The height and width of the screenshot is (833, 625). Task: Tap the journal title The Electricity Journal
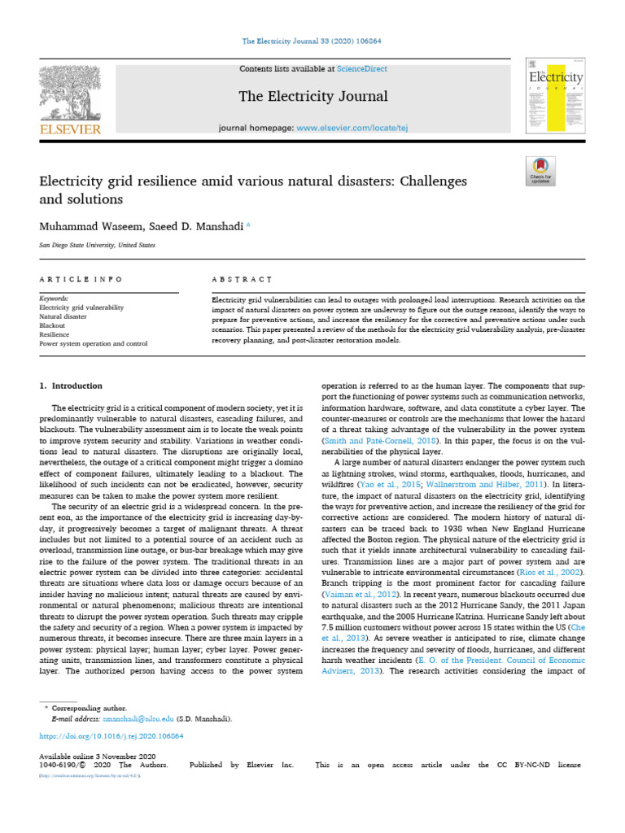tap(312, 97)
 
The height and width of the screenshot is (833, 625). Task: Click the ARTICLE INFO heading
tap(81, 279)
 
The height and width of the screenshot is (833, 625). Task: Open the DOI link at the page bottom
tap(111, 735)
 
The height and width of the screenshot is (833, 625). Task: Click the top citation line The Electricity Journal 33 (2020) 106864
tap(312, 41)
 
